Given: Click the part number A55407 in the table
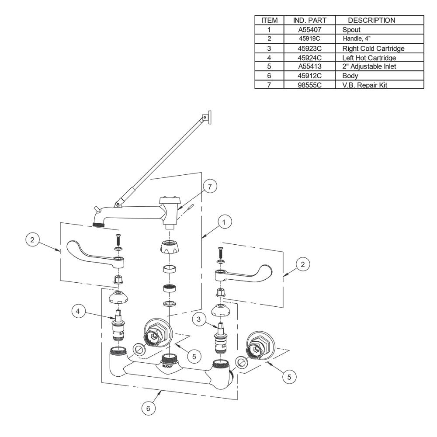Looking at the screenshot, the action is pyautogui.click(x=310, y=30).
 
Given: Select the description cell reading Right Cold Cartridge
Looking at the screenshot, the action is pyautogui.click(x=373, y=49).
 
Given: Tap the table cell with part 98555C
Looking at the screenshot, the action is pyautogui.click(x=310, y=85).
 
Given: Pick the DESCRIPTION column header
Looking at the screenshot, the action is pyautogui.click(x=371, y=21).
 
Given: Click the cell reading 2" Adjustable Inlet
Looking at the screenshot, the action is pyautogui.click(x=369, y=66).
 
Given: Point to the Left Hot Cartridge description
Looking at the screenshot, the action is pyautogui.click(x=369, y=58).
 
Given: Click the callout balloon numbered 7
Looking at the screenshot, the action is pyautogui.click(x=210, y=187).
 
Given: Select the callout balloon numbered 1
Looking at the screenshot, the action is pyautogui.click(x=223, y=222).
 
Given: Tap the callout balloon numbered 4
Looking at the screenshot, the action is pyautogui.click(x=78, y=311).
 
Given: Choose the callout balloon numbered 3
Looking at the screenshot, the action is pyautogui.click(x=198, y=319).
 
